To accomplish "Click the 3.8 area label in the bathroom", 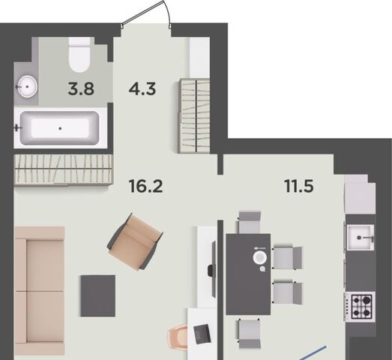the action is pyautogui.click(x=81, y=89).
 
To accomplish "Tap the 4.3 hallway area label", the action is pyautogui.click(x=142, y=89).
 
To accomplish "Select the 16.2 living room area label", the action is pyautogui.click(x=145, y=186).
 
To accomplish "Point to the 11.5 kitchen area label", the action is pyautogui.click(x=299, y=186).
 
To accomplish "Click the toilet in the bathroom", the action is pyautogui.click(x=79, y=55).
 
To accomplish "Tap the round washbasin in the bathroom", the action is pyautogui.click(x=27, y=86).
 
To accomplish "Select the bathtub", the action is pyautogui.click(x=60, y=128).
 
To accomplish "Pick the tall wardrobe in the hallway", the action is pyautogui.click(x=194, y=115).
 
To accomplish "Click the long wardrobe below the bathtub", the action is pyautogui.click(x=64, y=169).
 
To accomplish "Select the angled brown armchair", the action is pyautogui.click(x=135, y=242).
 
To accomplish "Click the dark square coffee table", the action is pyautogui.click(x=98, y=295).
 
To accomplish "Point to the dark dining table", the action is pyautogui.click(x=248, y=274).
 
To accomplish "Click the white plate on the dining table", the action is pyautogui.click(x=260, y=258).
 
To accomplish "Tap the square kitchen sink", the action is pyautogui.click(x=361, y=238).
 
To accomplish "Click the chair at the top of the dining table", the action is pyautogui.click(x=250, y=223).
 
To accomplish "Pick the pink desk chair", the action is pyautogui.click(x=178, y=336).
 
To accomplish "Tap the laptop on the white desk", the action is pyautogui.click(x=202, y=334).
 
